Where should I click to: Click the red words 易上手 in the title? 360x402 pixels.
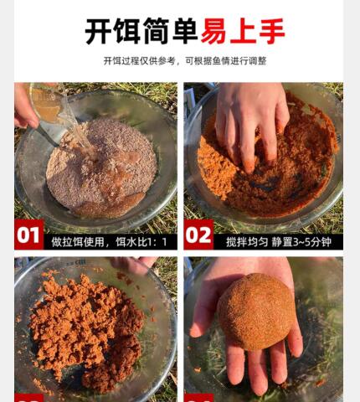point(243,31)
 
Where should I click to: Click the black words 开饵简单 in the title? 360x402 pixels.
point(141,31)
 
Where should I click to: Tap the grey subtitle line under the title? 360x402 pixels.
point(185,60)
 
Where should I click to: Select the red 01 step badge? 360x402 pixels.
point(29,234)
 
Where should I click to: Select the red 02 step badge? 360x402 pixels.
point(198,234)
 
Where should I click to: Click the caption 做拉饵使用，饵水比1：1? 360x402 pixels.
point(109,242)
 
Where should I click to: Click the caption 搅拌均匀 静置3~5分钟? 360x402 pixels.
point(279,242)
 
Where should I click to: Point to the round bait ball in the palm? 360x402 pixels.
point(256,312)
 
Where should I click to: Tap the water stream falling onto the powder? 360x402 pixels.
point(81,134)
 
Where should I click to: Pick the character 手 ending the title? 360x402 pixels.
point(272,31)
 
